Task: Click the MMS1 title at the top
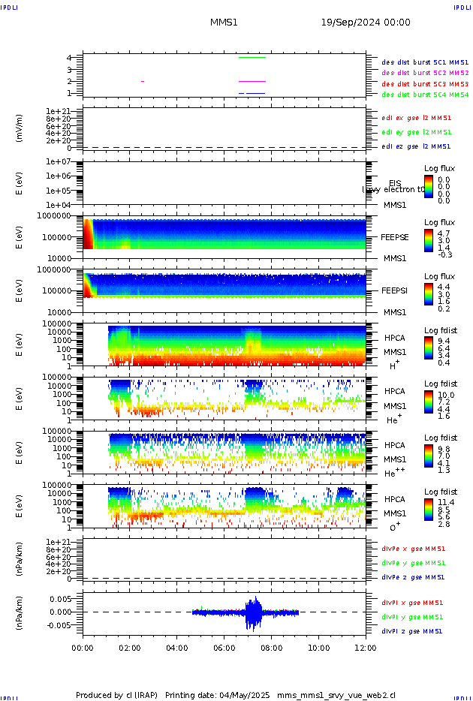coord(224,23)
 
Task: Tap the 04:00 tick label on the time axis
coord(177,646)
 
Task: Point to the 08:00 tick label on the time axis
coord(272,646)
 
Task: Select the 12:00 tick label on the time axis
coord(366,646)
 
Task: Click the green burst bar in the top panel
coord(252,57)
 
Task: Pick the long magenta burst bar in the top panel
coord(252,81)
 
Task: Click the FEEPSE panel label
coord(394,237)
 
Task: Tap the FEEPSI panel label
coord(394,290)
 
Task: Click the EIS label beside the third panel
coord(395,183)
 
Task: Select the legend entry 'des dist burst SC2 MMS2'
coord(425,73)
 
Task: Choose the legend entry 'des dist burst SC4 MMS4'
coord(425,95)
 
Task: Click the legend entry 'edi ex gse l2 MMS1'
coord(416,118)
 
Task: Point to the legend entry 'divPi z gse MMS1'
coord(413,631)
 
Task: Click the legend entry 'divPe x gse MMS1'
coord(413,549)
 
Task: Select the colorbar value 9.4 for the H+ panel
coord(443,340)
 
